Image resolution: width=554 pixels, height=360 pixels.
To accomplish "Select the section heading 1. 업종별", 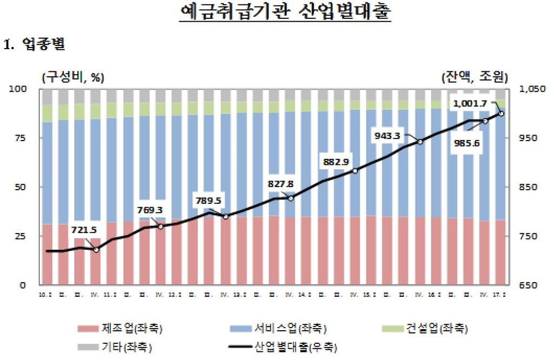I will [35, 45].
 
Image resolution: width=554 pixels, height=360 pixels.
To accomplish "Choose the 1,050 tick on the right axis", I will [531, 89].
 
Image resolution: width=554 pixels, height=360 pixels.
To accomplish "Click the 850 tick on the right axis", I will [528, 187].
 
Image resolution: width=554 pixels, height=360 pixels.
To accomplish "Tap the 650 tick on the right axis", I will [528, 285].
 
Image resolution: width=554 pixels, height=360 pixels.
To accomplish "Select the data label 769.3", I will [151, 210].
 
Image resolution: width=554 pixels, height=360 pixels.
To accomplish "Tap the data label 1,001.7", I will [469, 103].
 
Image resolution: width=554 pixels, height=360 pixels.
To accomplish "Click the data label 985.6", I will [466, 144].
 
